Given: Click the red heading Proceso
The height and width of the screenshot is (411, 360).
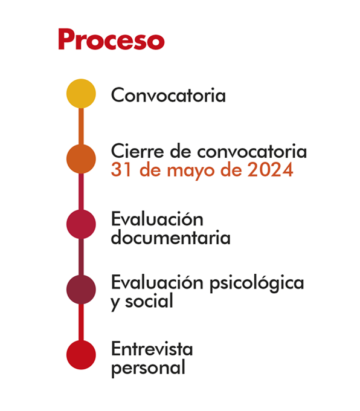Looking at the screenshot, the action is [111, 39].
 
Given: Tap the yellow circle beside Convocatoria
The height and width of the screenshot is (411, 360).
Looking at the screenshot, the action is [81, 94].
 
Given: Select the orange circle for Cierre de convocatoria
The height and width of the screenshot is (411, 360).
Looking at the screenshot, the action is [81, 159].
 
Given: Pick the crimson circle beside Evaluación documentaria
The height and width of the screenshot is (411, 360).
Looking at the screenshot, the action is [81, 224].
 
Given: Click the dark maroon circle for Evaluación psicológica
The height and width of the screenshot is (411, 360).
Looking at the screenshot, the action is [81, 290].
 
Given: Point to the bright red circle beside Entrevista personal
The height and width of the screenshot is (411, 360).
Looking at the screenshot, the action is [81, 355].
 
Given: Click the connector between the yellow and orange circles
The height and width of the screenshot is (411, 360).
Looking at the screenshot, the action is [81, 126].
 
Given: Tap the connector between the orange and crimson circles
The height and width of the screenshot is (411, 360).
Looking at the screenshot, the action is [81, 192].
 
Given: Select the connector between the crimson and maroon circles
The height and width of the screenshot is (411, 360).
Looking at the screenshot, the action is [81, 257].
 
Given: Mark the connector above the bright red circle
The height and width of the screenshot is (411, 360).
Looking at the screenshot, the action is [81, 322].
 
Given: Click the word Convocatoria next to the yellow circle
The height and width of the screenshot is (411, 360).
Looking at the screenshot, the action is [168, 95].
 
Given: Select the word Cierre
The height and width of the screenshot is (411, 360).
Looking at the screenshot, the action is [138, 151].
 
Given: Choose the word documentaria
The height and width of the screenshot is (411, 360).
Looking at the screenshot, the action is [171, 237].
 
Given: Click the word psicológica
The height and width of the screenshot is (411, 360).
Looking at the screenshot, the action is [257, 284].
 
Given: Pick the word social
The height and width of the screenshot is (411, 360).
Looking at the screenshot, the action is [149, 300].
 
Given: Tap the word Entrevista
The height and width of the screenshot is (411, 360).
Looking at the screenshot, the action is [152, 349].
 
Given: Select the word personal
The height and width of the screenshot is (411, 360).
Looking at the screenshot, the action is [149, 368].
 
